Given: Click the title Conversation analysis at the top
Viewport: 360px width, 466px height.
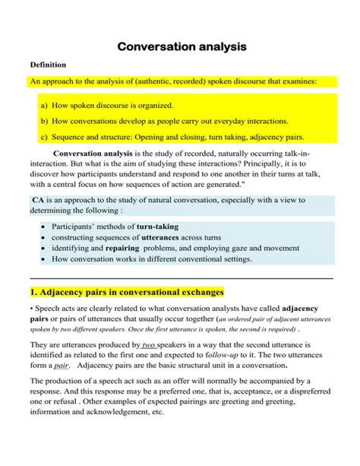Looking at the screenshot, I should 182,47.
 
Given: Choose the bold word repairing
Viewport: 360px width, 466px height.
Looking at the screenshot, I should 122,248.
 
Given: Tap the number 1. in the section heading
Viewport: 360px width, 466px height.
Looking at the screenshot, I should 33,292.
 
